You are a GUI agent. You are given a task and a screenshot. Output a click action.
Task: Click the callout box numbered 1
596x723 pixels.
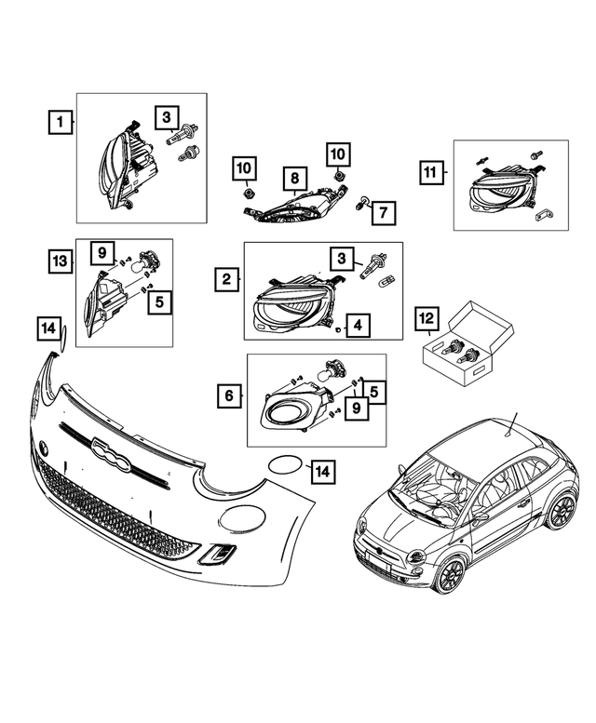pyautogui.click(x=60, y=121)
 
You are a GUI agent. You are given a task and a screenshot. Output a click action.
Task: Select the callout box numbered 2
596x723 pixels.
pyautogui.click(x=226, y=278)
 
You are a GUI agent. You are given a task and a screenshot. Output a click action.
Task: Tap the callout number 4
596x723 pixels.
pyautogui.click(x=359, y=326)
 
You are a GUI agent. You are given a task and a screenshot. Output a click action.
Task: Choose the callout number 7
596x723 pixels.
pyautogui.click(x=380, y=214)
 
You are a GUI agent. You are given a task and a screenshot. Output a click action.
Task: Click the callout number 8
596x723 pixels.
pyautogui.click(x=293, y=177)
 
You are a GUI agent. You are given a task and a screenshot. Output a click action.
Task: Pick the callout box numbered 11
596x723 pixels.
pyautogui.click(x=430, y=173)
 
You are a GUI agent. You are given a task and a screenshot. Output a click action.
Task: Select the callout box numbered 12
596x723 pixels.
pyautogui.click(x=427, y=321)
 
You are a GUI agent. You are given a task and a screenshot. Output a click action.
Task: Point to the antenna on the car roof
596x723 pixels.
pyautogui.click(x=510, y=424)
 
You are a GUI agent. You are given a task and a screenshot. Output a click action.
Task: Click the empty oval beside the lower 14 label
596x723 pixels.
pyautogui.click(x=285, y=467)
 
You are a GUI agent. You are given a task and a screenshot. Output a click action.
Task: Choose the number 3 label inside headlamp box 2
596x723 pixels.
pyautogui.click(x=345, y=258)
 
